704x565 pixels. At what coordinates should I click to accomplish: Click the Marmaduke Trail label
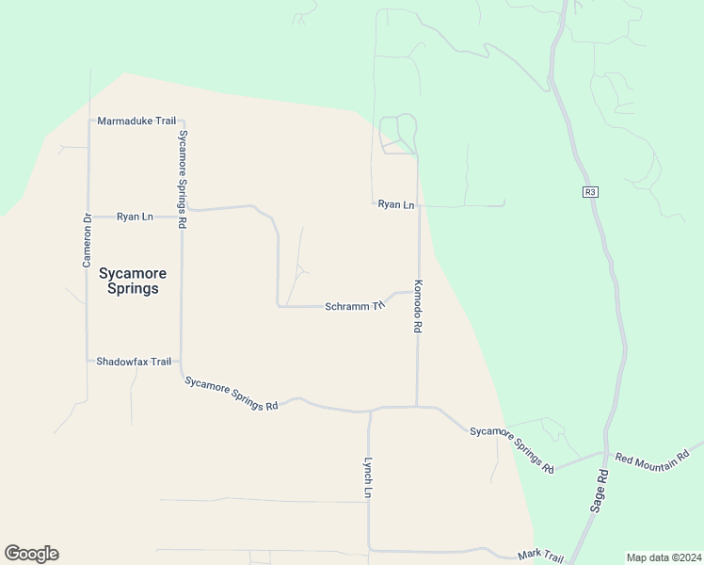[x=137, y=121]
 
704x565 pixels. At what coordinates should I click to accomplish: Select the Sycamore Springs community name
[x=133, y=281]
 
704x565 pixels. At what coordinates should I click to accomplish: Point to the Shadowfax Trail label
[x=134, y=362]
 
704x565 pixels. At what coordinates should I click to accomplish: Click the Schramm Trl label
[x=355, y=306]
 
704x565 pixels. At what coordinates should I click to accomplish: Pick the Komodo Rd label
[x=417, y=306]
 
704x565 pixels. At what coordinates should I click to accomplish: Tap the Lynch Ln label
[x=370, y=478]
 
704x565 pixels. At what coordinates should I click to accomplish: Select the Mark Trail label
[x=540, y=557]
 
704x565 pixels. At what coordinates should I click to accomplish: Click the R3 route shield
[x=590, y=192]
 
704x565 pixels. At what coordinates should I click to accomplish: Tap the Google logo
[x=31, y=554]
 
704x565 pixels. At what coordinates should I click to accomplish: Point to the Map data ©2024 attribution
[x=664, y=557]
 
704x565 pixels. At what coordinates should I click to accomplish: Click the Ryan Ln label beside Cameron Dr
[x=135, y=217]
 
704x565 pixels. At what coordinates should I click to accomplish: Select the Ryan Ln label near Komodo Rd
[x=396, y=204]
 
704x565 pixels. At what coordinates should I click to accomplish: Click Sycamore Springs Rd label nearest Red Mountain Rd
[x=512, y=447]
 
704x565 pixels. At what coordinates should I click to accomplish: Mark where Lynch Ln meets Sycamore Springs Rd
[x=371, y=411]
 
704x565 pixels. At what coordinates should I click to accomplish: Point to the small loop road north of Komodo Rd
[x=398, y=134]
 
